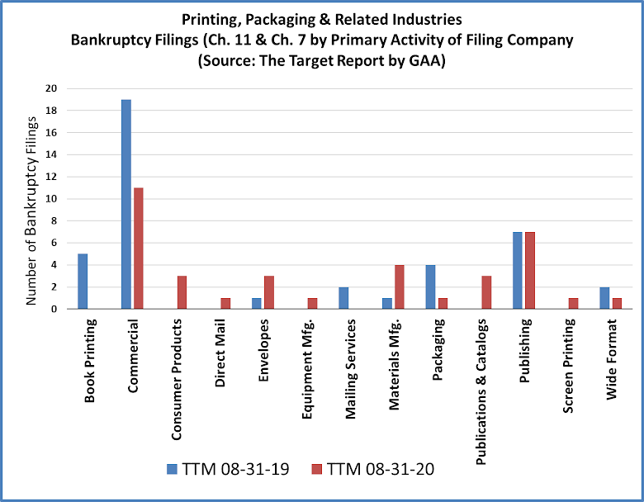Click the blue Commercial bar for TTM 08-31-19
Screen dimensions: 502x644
click(126, 204)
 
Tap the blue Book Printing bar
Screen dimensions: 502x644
click(83, 281)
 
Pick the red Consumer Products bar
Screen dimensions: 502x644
click(182, 292)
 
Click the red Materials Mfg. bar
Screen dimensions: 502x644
click(400, 287)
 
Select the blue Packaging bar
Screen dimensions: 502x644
click(430, 287)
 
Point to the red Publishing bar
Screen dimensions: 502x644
click(530, 270)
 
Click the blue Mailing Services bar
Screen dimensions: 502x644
click(343, 297)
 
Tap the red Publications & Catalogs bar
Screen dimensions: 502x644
click(486, 292)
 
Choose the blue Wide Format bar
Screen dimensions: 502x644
click(604, 297)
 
